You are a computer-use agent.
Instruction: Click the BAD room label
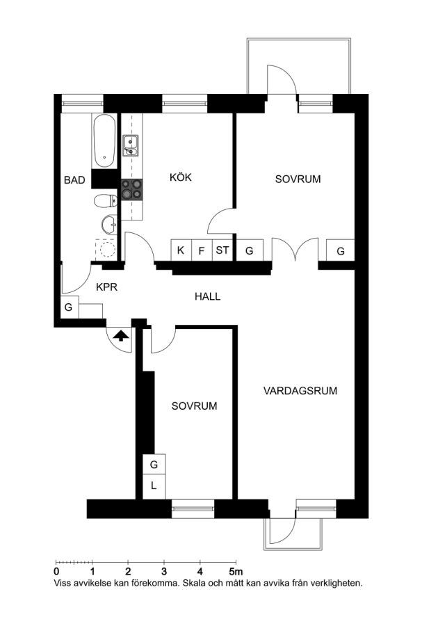click(x=74, y=180)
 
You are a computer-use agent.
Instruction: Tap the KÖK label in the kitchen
click(x=181, y=177)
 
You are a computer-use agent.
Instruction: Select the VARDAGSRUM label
click(x=300, y=390)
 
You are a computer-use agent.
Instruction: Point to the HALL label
click(x=207, y=296)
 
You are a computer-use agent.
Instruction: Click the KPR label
click(x=107, y=287)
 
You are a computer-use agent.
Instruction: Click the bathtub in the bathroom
click(x=104, y=141)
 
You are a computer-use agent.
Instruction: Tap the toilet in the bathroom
click(x=106, y=201)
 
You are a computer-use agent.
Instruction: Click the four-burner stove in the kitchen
click(x=132, y=188)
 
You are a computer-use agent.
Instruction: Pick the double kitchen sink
click(x=131, y=145)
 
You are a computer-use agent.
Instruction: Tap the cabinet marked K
click(x=181, y=250)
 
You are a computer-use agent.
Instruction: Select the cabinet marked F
click(x=202, y=250)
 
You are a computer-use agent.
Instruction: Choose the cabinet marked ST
click(x=222, y=250)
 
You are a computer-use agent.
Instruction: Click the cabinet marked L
click(x=154, y=486)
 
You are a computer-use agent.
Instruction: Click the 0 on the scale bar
click(x=56, y=572)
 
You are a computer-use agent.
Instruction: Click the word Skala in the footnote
click(x=195, y=583)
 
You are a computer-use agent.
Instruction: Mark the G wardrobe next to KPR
click(x=70, y=307)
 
